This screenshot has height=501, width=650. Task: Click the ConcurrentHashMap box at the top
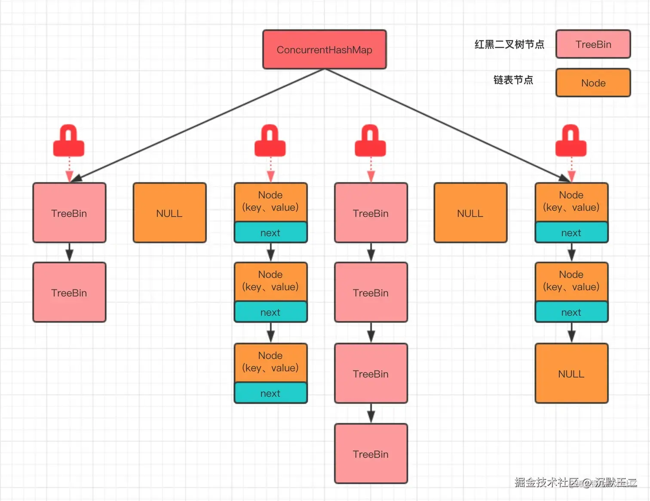pos(324,49)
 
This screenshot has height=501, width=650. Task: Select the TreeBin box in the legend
pos(593,44)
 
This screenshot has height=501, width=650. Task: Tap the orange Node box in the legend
pos(593,83)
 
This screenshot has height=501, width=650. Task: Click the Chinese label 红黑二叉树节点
pos(509,45)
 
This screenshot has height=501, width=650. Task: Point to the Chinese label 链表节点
pos(513,80)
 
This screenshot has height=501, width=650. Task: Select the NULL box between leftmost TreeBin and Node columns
pos(169,213)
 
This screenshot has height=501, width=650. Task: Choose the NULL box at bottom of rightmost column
pos(571,373)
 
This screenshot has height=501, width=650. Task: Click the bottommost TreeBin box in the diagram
pos(371,454)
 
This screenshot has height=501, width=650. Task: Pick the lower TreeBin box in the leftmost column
pos(69,292)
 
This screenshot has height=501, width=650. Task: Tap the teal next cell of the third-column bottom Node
pos(270,393)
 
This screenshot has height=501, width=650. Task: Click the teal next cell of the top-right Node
pos(571,233)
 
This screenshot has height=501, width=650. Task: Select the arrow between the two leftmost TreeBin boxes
pos(69,252)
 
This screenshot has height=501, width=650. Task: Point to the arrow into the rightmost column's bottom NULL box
pos(571,332)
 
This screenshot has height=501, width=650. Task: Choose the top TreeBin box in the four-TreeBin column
pos(371,213)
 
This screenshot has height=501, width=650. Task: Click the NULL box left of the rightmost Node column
pos(470,213)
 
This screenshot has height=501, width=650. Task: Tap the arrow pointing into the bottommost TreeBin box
pos(371,414)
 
